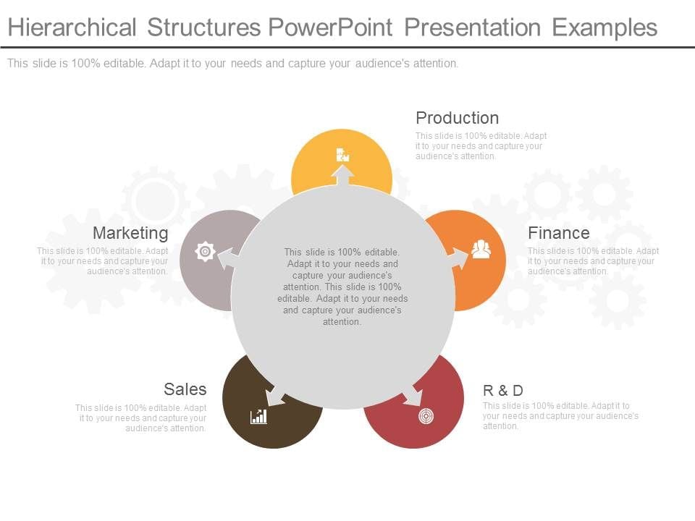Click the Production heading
coord(457,118)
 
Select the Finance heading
coord(558,233)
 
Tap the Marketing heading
coord(130,233)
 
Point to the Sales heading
coord(185,389)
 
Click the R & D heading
coord(502,391)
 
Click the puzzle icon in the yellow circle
coord(342,154)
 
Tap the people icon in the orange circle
coord(481,250)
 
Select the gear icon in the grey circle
coord(206,251)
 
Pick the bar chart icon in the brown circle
coord(258,416)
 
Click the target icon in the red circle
coord(426,416)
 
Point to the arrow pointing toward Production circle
coord(342,176)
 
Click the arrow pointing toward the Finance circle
coord(458,258)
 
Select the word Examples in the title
coord(605,27)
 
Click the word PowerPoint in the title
coord(329,27)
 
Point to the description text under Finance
coord(593,261)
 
